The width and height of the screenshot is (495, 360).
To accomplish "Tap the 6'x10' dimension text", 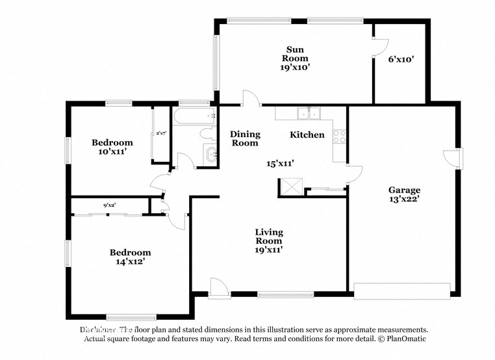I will (x=401, y=59).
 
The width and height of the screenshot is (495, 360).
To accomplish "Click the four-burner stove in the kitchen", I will (x=339, y=136).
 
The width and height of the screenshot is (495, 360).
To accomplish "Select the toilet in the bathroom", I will (x=207, y=134).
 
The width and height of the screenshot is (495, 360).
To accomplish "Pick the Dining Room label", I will (x=245, y=138).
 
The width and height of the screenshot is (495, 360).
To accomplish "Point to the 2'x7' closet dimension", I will (x=160, y=133).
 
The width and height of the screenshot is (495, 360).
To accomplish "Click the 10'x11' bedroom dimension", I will (x=111, y=151).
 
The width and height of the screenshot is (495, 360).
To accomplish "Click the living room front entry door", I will (x=220, y=289).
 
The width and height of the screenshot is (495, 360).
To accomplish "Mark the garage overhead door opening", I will (x=401, y=290).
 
